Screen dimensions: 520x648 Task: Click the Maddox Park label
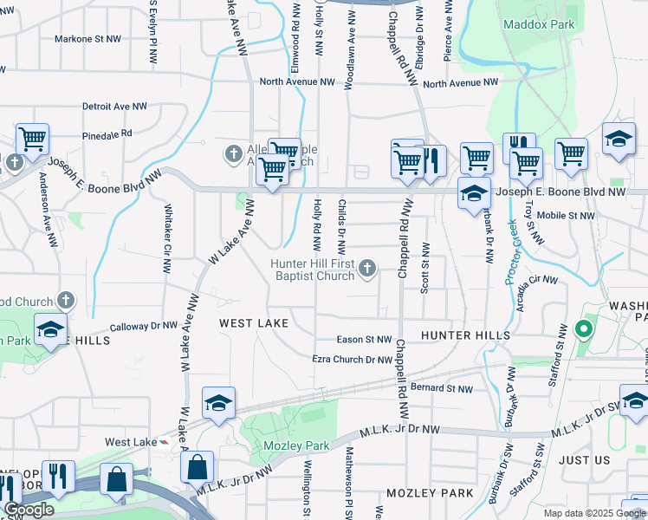point(540,25)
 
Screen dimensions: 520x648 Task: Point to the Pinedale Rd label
point(107,134)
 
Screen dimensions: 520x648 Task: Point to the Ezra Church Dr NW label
point(353,359)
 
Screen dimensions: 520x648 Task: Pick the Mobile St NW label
point(566,215)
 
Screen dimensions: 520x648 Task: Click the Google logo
point(29,510)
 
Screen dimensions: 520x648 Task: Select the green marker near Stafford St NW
point(584,329)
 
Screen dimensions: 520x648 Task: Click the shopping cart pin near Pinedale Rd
point(32,139)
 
